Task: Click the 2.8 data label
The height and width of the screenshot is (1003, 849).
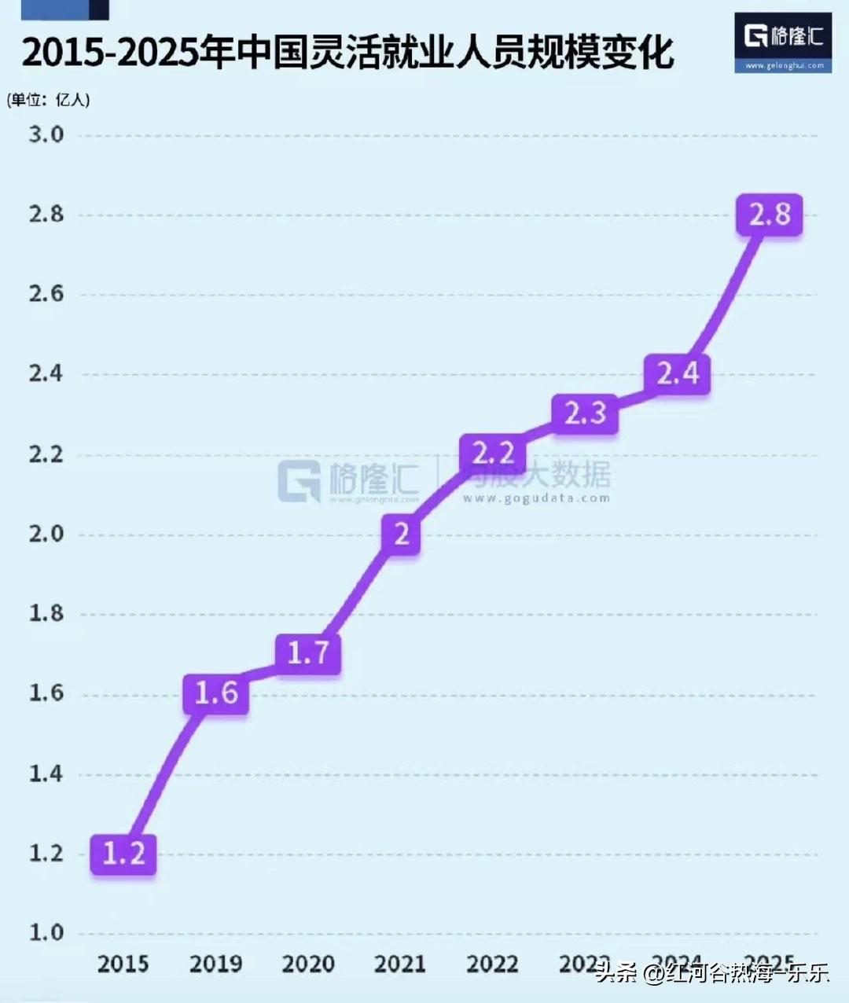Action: tap(769, 215)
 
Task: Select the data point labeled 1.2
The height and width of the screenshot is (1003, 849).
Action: tap(123, 854)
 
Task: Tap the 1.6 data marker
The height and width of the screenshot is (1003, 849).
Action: tap(215, 693)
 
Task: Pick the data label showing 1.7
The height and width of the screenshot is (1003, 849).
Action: tap(307, 652)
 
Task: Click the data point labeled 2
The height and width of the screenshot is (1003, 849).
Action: tap(401, 535)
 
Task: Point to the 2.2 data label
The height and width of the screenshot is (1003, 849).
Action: tap(493, 454)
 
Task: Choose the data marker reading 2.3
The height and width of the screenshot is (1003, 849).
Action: tap(585, 413)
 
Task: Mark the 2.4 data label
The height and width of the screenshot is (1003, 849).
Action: tap(677, 373)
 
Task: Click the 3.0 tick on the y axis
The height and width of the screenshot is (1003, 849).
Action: tap(46, 134)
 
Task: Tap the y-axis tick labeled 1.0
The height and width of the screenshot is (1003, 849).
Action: tap(46, 933)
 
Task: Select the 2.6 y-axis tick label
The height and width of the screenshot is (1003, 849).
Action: tap(46, 294)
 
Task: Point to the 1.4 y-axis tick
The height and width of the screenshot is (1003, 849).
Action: tap(46, 773)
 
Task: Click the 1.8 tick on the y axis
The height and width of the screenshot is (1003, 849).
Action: tap(46, 614)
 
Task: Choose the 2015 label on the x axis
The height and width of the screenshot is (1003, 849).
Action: tap(123, 964)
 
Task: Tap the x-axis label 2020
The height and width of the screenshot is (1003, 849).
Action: tap(308, 964)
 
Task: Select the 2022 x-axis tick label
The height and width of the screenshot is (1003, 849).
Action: tap(493, 964)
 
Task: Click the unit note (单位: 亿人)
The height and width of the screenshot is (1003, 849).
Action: tap(49, 100)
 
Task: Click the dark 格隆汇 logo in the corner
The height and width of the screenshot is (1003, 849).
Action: tap(783, 42)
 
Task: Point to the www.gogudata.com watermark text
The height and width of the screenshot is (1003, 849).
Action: tap(536, 498)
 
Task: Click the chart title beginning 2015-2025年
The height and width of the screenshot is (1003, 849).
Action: tap(347, 52)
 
